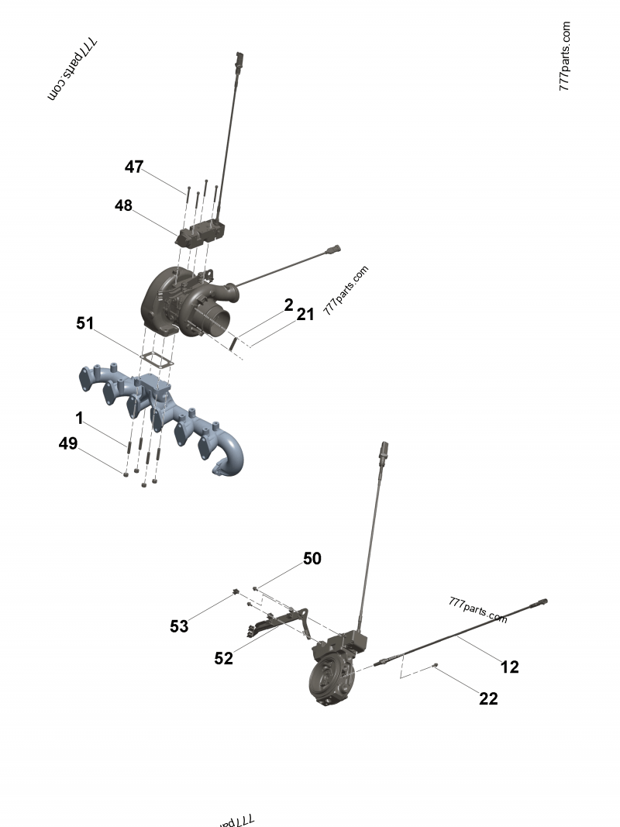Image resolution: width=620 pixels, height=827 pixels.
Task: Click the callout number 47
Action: point(134,167)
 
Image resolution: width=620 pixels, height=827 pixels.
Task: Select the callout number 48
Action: point(123,205)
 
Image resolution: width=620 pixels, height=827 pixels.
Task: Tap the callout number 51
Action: point(85,322)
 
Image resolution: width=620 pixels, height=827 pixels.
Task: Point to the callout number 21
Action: point(305,314)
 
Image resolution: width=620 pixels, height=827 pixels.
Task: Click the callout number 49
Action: point(68,443)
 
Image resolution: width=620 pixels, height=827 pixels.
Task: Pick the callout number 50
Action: point(312,559)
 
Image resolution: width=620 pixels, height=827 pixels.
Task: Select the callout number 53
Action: point(179,626)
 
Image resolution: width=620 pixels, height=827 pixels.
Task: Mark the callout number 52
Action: point(223,658)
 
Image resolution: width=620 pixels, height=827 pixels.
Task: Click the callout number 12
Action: point(509,667)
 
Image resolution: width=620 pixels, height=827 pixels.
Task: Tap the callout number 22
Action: point(488,698)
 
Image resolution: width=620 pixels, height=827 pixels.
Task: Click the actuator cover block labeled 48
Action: point(203,232)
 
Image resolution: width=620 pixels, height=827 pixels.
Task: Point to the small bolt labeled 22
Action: point(436,666)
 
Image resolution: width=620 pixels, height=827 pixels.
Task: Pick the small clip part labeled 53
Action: point(233,594)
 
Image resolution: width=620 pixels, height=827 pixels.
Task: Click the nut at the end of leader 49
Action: point(126,473)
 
